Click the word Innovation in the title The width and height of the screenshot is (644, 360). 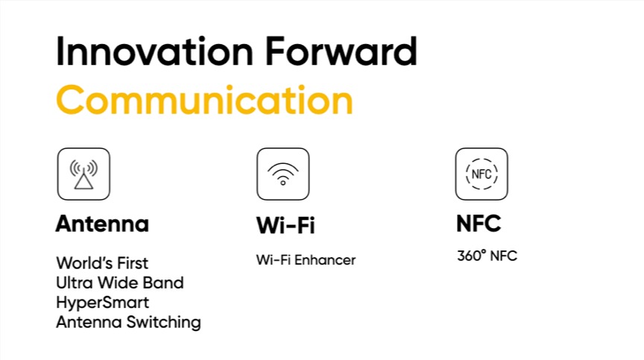[154, 51]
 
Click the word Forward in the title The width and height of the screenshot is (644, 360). [341, 51]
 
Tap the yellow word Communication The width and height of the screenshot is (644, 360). [204, 100]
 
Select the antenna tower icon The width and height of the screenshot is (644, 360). [83, 174]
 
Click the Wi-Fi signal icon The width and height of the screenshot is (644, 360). [283, 174]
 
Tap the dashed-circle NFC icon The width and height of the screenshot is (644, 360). [482, 174]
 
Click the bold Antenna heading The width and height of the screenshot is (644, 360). [102, 224]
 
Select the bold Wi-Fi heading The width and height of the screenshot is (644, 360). [285, 225]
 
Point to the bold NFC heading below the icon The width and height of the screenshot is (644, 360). [479, 224]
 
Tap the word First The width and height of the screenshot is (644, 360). [132, 263]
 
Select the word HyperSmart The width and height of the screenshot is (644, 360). [103, 303]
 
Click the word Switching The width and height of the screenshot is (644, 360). [163, 323]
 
